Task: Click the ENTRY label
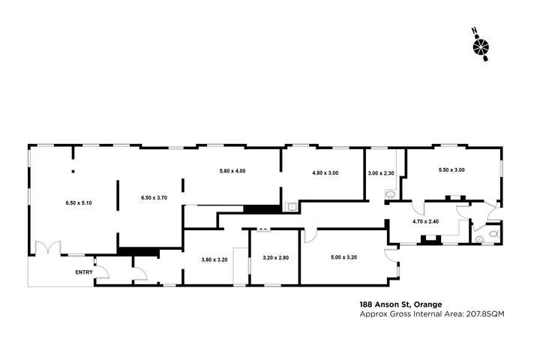[84, 271]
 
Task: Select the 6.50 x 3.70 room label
[154, 197]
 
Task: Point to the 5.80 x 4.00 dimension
[232, 172]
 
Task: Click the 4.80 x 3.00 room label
[325, 173]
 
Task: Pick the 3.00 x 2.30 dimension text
[381, 173]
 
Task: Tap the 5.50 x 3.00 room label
[451, 169]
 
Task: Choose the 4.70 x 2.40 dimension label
[425, 222]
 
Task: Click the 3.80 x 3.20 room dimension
[214, 259]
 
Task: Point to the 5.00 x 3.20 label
[343, 257]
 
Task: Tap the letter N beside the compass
[474, 31]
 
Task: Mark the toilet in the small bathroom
[491, 234]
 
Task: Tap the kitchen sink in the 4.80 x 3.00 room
[291, 208]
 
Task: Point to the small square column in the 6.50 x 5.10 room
[73, 172]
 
